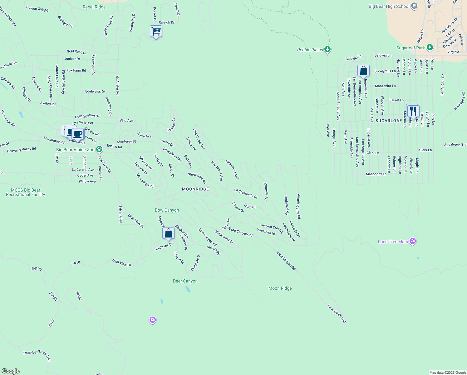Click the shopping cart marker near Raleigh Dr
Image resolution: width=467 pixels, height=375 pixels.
[156, 32]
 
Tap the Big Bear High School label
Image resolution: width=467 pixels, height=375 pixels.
[389, 6]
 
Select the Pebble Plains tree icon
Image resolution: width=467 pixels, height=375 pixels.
[327, 49]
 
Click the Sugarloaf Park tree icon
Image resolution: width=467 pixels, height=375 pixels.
[430, 47]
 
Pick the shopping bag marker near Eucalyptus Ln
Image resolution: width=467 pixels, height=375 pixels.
[363, 71]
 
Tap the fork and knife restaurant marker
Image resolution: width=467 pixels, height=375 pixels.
[413, 111]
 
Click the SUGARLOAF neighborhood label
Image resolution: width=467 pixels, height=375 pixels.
[388, 120]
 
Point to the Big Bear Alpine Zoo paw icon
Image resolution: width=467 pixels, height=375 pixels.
[99, 149]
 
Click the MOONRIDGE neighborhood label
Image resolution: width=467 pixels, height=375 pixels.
[195, 189]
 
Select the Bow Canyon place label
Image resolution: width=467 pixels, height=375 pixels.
[167, 210]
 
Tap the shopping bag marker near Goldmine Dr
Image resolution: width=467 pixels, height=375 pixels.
[168, 233]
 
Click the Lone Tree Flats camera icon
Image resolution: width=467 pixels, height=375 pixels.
[413, 241]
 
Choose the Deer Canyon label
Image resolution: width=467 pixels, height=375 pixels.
[185, 281]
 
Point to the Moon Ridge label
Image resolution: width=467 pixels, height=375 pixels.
[280, 288]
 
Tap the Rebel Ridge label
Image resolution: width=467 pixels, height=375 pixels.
[94, 7]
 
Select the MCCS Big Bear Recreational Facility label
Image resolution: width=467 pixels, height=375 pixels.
[26, 192]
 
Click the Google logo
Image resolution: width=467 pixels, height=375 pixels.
[10, 371]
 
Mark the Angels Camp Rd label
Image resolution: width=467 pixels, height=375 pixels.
[299, 206]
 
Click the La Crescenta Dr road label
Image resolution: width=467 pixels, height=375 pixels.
[246, 193]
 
